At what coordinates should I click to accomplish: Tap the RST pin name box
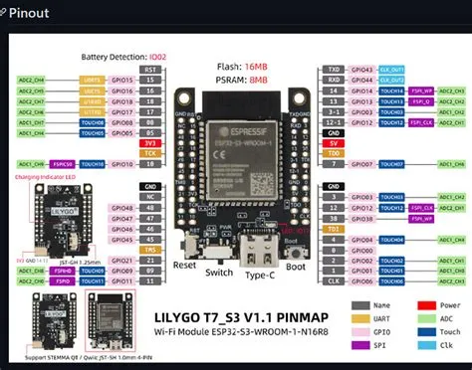tap(150, 71)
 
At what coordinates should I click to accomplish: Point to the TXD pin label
tap(335, 71)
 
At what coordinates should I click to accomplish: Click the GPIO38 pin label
tap(363, 218)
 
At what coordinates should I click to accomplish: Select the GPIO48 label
tap(149, 207)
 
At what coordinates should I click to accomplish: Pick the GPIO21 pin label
tap(149, 260)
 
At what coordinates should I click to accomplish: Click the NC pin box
tap(149, 196)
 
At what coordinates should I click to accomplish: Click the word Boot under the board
tap(296, 267)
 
